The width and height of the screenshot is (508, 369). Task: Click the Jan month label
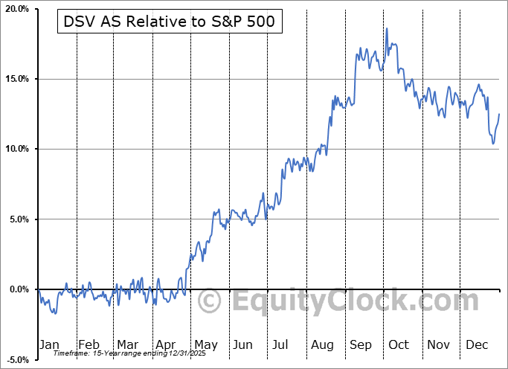pyautogui.click(x=48, y=344)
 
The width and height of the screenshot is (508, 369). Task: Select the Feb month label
pyautogui.click(x=89, y=344)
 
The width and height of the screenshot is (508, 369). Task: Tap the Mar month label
pyautogui.click(x=127, y=344)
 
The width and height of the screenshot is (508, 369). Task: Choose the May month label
pyautogui.click(x=205, y=344)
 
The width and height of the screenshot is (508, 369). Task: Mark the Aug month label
pyautogui.click(x=322, y=344)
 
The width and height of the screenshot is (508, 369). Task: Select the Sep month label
pyautogui.click(x=361, y=344)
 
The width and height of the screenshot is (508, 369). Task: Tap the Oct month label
pyautogui.click(x=399, y=344)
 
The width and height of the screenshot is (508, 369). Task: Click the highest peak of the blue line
pyautogui.click(x=387, y=28)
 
